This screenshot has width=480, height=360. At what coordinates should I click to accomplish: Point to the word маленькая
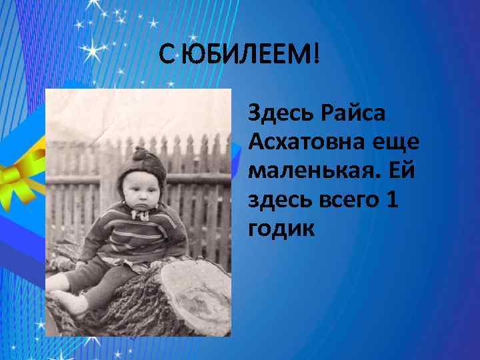tap(313, 170)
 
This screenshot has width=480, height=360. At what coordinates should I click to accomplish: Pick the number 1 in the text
tap(391, 199)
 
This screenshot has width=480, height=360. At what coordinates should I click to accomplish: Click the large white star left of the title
tap(97, 51)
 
